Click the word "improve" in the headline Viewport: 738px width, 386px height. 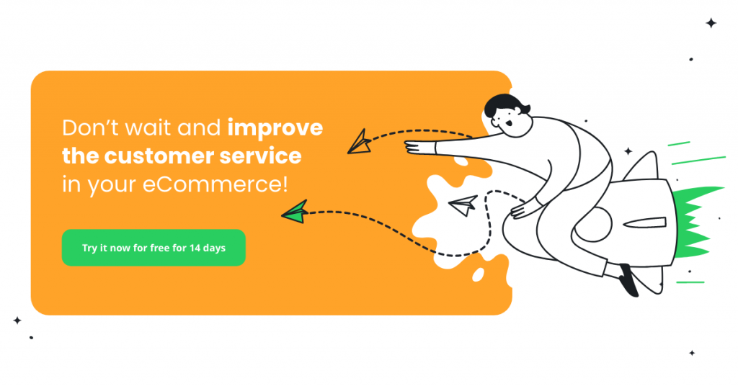pos(275,129)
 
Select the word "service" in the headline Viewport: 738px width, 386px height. pos(262,156)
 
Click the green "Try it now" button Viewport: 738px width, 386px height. pos(154,248)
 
